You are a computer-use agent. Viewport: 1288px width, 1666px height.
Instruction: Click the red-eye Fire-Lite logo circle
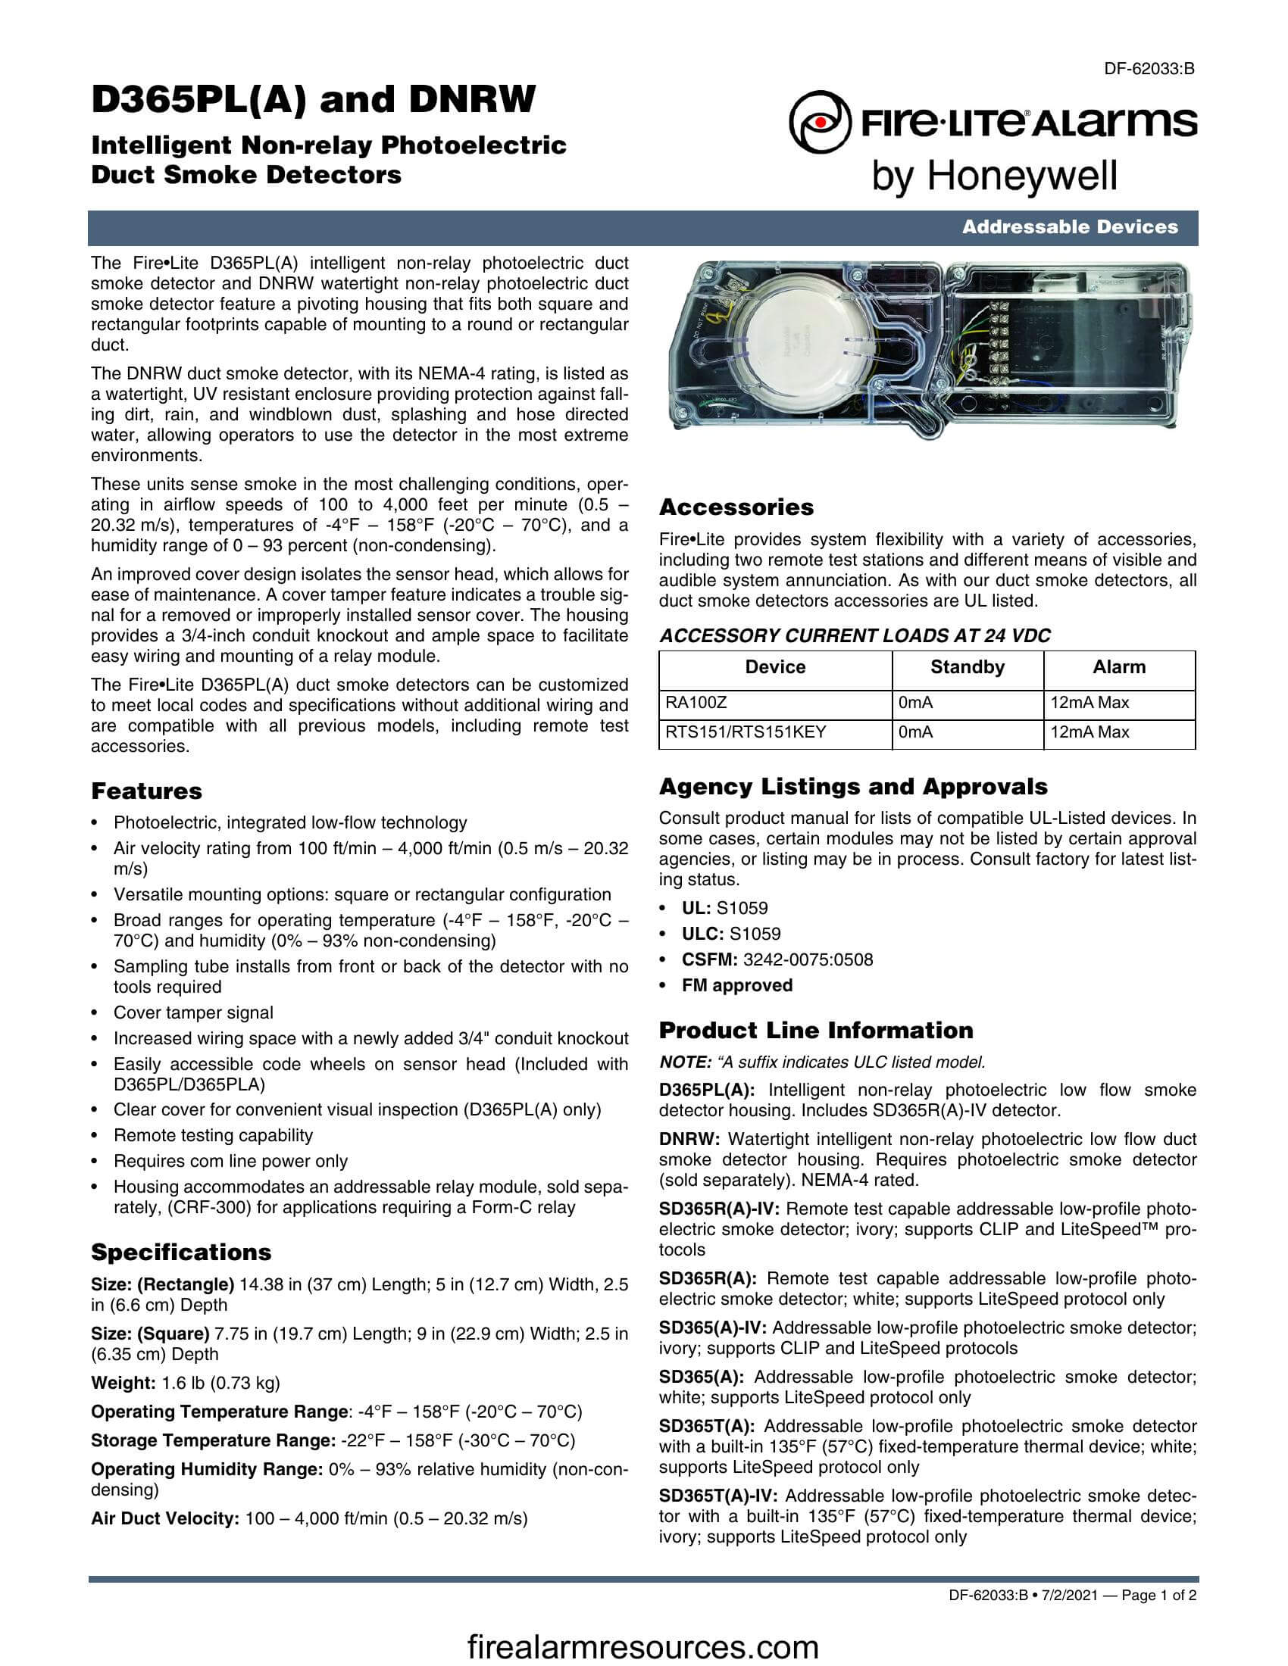(x=820, y=122)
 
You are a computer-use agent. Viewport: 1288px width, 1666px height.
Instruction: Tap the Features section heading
(x=146, y=791)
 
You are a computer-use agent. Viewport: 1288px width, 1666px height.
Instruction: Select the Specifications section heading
(x=181, y=1252)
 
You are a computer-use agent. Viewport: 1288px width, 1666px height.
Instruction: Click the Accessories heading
(x=736, y=507)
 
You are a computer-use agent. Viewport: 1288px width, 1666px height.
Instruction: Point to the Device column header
(x=775, y=666)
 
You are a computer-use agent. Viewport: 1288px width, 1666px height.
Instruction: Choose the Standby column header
(x=967, y=666)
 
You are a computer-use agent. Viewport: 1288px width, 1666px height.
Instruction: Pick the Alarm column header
(x=1118, y=666)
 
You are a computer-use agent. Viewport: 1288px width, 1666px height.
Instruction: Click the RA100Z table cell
(x=691, y=703)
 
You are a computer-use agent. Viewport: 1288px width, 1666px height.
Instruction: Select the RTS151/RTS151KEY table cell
(x=746, y=732)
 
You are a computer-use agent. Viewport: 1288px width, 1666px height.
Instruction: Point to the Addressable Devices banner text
(x=1070, y=226)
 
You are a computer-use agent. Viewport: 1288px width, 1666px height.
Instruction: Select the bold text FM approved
(x=737, y=985)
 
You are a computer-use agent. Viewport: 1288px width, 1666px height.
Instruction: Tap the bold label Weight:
(x=123, y=1383)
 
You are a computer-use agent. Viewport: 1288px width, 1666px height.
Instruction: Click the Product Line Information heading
(x=816, y=1031)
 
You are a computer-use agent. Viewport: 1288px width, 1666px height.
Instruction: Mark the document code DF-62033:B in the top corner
(x=1149, y=69)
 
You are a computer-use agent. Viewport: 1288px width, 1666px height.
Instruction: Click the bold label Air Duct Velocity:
(x=166, y=1519)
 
